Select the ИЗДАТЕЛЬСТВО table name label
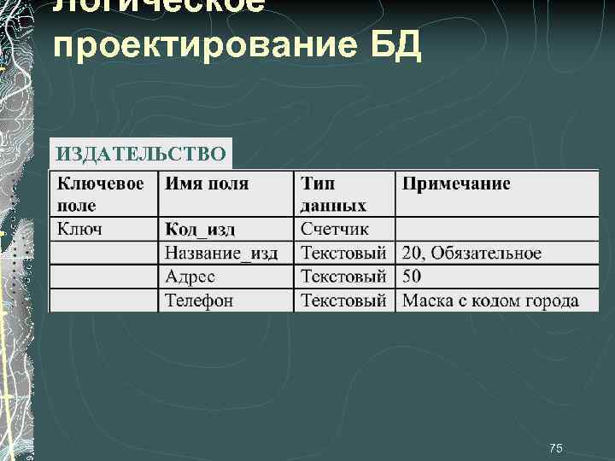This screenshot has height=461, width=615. pos(141,155)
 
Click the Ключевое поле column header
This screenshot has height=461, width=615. pos(101,194)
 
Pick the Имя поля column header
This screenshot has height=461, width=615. pos(207,184)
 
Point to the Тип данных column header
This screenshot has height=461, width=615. pos(333,194)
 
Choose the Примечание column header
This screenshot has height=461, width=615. pos(456,184)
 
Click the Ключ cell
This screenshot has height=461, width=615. pos(79,229)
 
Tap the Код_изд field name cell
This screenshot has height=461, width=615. pos(200,229)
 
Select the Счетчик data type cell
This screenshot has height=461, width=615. pos(335,229)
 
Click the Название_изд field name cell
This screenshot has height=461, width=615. pos(221,254)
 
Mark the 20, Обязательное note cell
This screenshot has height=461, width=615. pos(471,254)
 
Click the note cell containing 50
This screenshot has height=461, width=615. pos(412,277)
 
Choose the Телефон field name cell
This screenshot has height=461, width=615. pos(199,301)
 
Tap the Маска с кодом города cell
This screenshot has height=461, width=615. pos(490,301)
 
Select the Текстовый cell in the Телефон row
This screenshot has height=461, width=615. pos(343,301)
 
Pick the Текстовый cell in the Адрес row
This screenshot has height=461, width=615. pos(343,277)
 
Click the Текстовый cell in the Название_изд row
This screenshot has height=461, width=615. pos(343,254)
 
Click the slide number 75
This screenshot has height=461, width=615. pos(556,449)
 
